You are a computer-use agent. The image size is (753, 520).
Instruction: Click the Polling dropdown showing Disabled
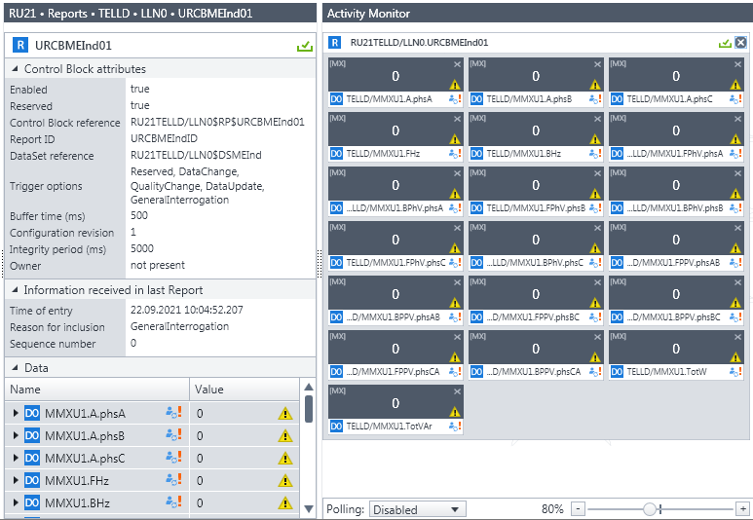(x=417, y=509)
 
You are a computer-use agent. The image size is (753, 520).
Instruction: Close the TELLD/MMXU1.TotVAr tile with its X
(x=457, y=391)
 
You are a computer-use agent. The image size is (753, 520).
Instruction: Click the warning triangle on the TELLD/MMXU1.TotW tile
(x=735, y=357)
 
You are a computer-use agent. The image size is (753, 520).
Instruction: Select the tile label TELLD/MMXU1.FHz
(x=383, y=154)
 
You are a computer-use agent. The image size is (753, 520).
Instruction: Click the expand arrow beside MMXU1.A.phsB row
(x=16, y=435)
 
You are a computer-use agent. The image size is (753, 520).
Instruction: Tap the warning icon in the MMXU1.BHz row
(x=285, y=502)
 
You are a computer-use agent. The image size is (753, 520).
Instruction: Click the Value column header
(x=208, y=390)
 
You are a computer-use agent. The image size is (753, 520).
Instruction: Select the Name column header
(x=25, y=390)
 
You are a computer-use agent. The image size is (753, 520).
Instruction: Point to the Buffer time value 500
(x=139, y=215)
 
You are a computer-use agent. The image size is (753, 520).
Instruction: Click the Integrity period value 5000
(x=142, y=248)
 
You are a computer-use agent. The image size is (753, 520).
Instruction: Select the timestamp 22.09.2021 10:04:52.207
(x=187, y=311)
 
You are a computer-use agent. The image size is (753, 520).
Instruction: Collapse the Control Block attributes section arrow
(x=15, y=69)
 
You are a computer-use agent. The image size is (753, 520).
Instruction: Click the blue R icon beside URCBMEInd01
(x=20, y=45)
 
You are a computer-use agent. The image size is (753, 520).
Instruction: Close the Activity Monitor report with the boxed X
(x=741, y=43)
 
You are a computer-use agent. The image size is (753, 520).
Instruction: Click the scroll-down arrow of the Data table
(x=309, y=508)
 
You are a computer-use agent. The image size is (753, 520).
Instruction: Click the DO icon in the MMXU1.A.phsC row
(x=32, y=458)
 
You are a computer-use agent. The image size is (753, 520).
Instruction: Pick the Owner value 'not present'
(x=158, y=265)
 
